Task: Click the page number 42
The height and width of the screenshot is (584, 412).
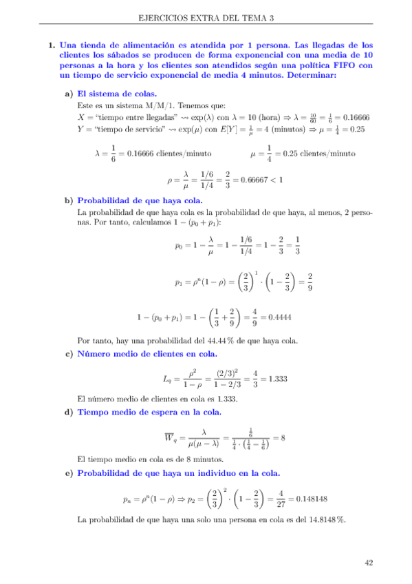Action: (x=369, y=563)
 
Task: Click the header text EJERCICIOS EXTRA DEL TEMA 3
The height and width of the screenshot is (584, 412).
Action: (x=206, y=18)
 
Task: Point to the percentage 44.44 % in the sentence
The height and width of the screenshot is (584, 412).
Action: (x=196, y=340)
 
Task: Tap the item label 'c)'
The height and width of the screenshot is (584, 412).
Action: (x=69, y=354)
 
